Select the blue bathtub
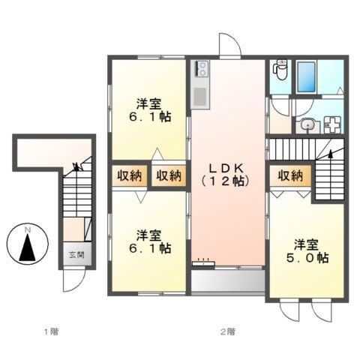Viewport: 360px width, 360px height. tap(307, 76)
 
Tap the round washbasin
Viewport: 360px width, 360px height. tap(307, 126)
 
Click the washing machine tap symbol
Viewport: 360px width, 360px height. tap(333, 125)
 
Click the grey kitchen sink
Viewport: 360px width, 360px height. tap(200, 97)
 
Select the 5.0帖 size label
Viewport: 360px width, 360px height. tap(310, 258)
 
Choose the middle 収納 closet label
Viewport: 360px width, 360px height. tap(168, 176)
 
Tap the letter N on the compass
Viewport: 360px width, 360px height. tap(27, 229)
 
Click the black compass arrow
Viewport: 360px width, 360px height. tap(27, 246)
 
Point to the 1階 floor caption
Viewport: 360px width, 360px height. tap(49, 331)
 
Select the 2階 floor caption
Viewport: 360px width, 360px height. tap(228, 331)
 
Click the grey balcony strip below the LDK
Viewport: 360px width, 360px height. tap(228, 280)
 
